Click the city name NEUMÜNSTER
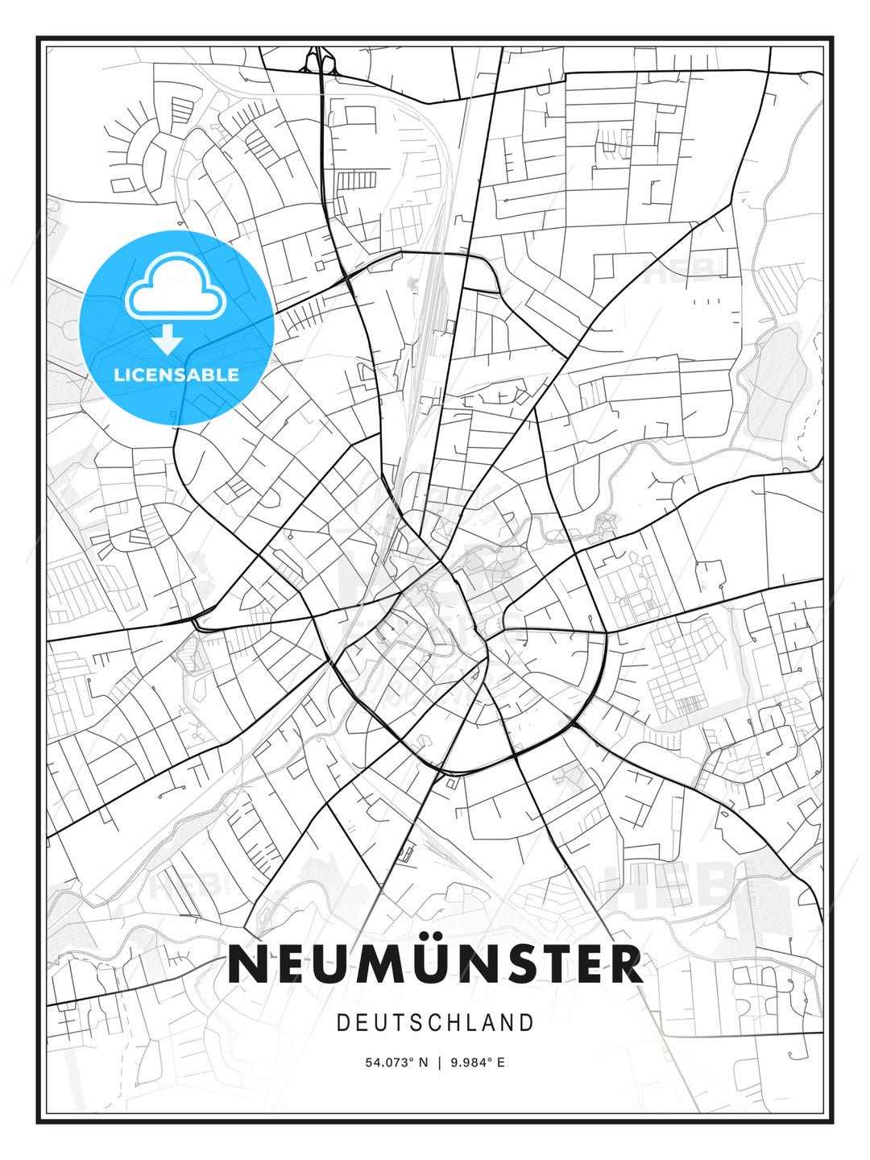pos(435,964)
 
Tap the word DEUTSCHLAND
pos(435,1023)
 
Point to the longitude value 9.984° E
pos(478,1063)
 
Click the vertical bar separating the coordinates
pos(440,1063)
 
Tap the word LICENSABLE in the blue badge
pos(176,375)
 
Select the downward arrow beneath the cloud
pos(168,340)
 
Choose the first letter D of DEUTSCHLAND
pos(342,1023)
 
